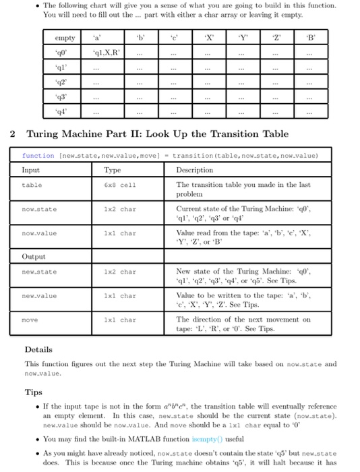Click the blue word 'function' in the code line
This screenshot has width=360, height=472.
[x=38, y=155]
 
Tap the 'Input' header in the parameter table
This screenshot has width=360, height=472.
[x=32, y=170]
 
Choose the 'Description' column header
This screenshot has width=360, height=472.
[x=194, y=170]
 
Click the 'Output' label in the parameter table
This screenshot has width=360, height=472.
[x=34, y=256]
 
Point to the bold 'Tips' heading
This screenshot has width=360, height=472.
[x=33, y=392]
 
